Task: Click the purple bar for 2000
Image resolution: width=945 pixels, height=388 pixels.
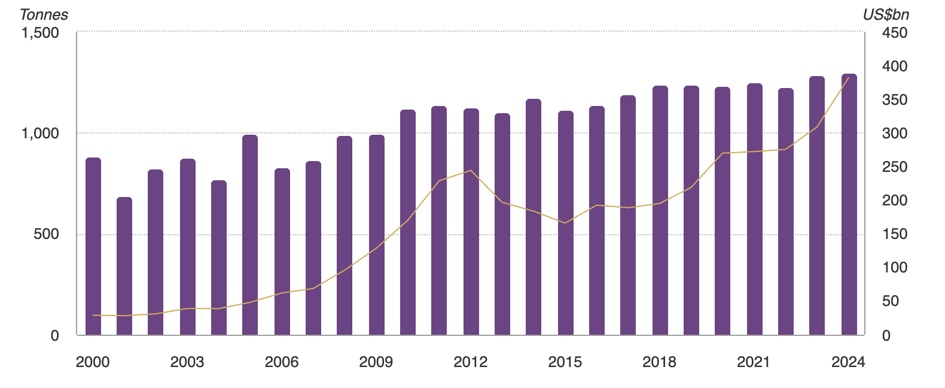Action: (x=93, y=246)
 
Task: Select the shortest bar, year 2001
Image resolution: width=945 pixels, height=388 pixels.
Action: (x=124, y=266)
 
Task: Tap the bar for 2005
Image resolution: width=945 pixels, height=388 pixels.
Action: (x=250, y=235)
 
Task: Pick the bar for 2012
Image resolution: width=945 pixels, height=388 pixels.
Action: (x=471, y=222)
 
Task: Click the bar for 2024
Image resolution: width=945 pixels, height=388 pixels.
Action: (x=849, y=204)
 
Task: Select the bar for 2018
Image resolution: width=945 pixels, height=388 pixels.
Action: (x=660, y=210)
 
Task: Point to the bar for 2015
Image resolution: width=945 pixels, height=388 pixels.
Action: (x=566, y=223)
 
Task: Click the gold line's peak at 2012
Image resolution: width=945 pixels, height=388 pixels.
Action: (x=471, y=171)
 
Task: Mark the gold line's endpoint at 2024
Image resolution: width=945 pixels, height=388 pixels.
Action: (x=848, y=78)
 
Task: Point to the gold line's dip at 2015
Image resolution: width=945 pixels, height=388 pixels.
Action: (x=565, y=223)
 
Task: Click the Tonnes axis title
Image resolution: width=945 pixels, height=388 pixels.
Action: (x=44, y=15)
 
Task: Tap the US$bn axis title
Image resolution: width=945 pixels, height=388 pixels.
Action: (x=886, y=15)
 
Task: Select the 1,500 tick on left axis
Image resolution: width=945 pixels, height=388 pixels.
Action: (x=41, y=32)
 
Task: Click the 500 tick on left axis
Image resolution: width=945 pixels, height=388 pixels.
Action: (x=47, y=234)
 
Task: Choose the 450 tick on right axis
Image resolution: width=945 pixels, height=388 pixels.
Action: (x=895, y=33)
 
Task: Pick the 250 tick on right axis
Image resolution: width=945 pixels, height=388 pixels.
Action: (x=895, y=167)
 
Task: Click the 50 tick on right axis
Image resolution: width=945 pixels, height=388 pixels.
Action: (x=891, y=301)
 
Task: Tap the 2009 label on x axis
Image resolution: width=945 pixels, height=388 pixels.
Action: (x=376, y=362)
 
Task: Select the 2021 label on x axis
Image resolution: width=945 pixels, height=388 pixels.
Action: (x=754, y=362)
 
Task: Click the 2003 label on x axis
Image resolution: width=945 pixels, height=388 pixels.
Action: (x=187, y=362)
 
